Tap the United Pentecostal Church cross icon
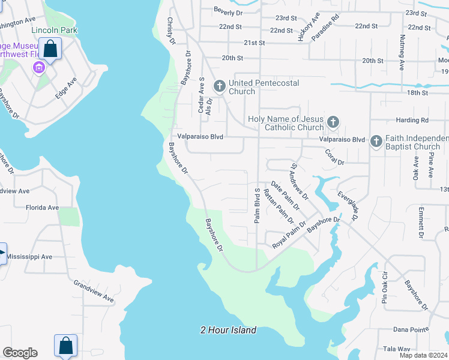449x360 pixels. [x=220, y=87]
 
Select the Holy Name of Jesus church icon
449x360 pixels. [x=333, y=123]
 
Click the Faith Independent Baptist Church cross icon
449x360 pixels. [x=376, y=142]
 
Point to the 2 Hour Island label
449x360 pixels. [x=229, y=330]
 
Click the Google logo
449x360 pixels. [x=20, y=353]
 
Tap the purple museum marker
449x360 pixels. [x=39, y=68]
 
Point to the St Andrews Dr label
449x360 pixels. [x=299, y=182]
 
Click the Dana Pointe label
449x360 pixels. [x=409, y=329]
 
